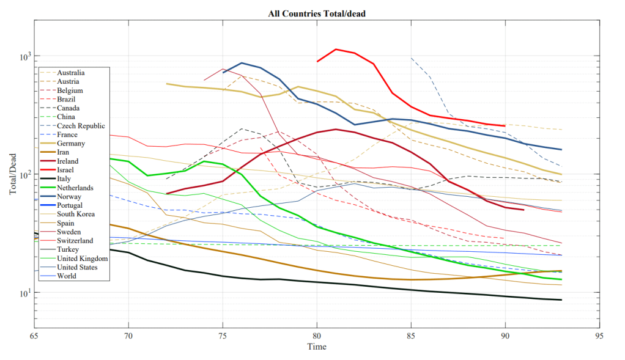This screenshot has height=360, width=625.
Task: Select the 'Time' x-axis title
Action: (316, 347)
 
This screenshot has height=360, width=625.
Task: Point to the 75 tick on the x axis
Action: (223, 335)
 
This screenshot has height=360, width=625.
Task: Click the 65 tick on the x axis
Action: (34, 335)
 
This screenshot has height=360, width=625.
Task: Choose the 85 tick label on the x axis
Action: (411, 335)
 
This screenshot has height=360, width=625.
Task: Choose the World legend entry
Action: (68, 276)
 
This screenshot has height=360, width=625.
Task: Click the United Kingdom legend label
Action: (82, 258)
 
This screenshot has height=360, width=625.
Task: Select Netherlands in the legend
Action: (76, 188)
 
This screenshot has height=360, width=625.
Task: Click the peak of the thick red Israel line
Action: (336, 50)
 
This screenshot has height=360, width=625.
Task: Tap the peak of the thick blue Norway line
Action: (242, 63)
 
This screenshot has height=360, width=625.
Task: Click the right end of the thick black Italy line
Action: (561, 299)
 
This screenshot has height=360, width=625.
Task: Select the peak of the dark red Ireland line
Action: (336, 129)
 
